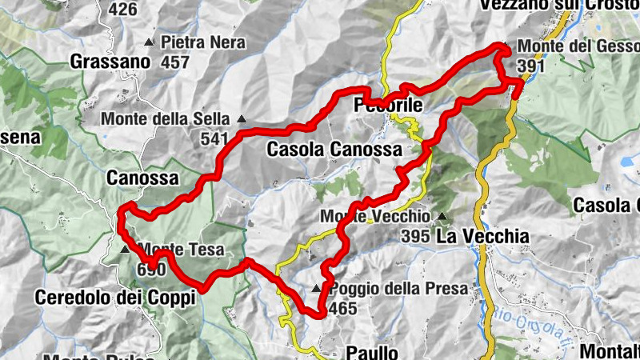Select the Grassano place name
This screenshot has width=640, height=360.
(110, 61)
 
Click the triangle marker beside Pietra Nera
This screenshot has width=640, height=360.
(149, 42)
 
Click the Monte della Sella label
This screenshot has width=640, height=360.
(165, 119)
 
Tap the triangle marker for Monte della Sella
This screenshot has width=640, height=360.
(242, 120)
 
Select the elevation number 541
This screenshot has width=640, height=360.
(214, 138)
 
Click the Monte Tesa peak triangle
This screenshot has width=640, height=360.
(124, 250)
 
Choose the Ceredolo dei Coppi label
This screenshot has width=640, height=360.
(115, 298)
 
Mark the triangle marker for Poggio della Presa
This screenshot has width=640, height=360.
(317, 289)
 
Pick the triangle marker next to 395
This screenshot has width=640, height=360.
(441, 217)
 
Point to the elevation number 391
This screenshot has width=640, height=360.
(530, 66)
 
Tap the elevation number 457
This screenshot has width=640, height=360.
(174, 62)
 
